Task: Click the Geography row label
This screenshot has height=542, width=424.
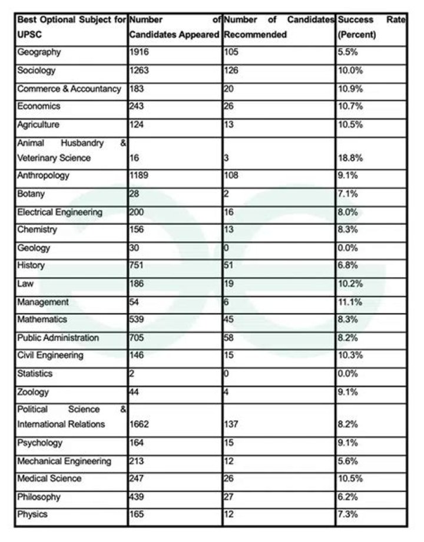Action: pyautogui.click(x=39, y=52)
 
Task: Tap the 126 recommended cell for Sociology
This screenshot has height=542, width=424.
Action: pyautogui.click(x=232, y=71)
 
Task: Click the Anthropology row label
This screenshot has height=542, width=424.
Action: pyautogui.click(x=43, y=175)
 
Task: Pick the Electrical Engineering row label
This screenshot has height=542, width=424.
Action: pyautogui.click(x=59, y=212)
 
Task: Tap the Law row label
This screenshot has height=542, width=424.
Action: pyautogui.click(x=25, y=284)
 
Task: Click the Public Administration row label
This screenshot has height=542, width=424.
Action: pyautogui.click(x=58, y=338)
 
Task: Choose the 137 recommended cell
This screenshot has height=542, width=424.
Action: pyautogui.click(x=232, y=424)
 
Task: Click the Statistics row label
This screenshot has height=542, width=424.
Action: pyautogui.click(x=35, y=374)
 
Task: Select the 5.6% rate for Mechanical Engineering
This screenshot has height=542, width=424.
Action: pyautogui.click(x=347, y=461)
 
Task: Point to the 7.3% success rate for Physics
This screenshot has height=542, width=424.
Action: pyautogui.click(x=347, y=515)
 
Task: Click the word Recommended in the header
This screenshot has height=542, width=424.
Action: pyautogui.click(x=255, y=34)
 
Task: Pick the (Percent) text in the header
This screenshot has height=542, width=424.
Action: pyautogui.click(x=357, y=34)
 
